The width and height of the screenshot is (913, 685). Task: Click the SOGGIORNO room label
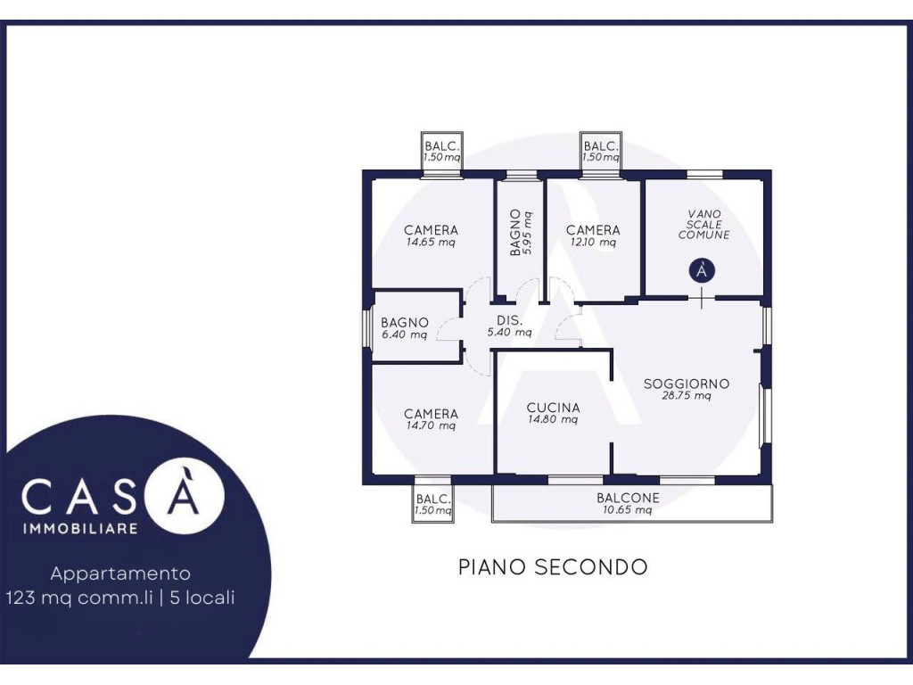tap(687, 384)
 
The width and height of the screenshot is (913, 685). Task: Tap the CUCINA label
tap(553, 408)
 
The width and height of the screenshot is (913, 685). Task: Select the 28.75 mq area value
tap(687, 396)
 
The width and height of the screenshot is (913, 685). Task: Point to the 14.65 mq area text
tap(431, 243)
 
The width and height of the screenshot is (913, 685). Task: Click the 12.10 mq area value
tap(593, 243)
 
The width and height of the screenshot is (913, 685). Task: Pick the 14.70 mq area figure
tap(431, 425)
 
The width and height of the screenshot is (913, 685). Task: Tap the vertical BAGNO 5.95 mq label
tap(521, 233)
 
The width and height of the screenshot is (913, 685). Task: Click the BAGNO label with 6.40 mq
tap(405, 328)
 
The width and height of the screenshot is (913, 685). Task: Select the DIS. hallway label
tap(509, 320)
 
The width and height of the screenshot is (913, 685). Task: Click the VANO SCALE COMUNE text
tap(704, 224)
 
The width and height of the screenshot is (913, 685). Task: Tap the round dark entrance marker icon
tap(703, 270)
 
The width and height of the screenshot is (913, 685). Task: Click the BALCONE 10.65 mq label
tap(628, 504)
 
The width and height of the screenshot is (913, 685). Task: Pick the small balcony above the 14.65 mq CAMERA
tap(442, 152)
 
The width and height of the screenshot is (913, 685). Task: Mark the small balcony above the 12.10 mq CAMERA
tap(601, 152)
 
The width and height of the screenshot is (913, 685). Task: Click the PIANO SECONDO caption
tap(553, 566)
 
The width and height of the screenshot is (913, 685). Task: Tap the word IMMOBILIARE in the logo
tap(79, 528)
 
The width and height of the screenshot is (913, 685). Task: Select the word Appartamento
tap(120, 574)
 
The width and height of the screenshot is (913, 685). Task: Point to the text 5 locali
tap(202, 598)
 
